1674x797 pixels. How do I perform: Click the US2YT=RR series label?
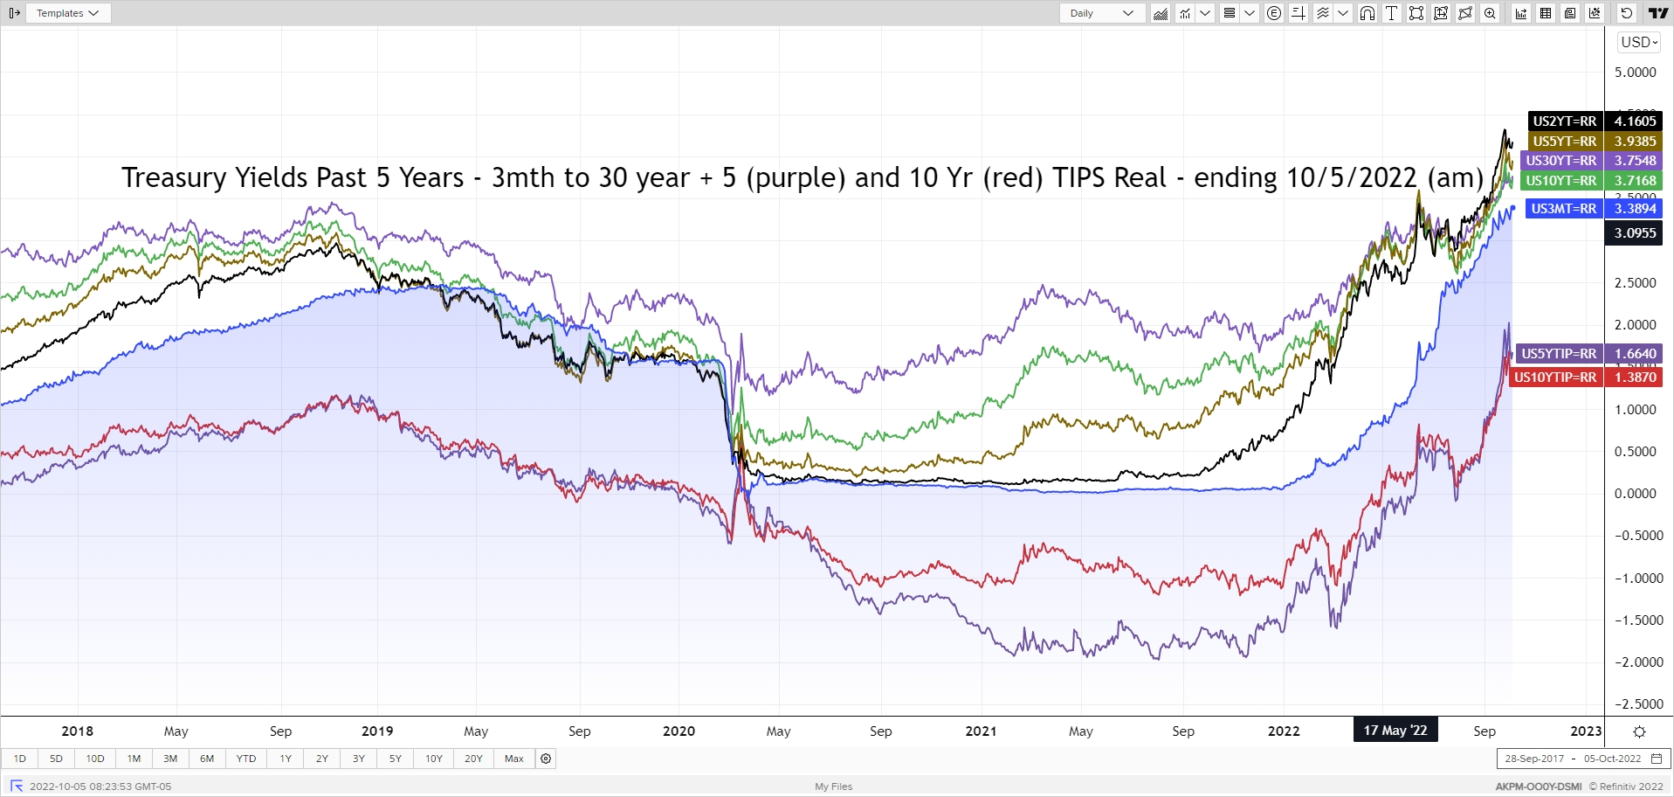(x=1564, y=121)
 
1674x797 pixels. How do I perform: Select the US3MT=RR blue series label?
(x=1563, y=209)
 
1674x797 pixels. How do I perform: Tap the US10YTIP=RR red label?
(x=1555, y=378)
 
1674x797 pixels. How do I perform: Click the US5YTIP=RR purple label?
(x=1559, y=354)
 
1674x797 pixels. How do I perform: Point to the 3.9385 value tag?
(x=1635, y=142)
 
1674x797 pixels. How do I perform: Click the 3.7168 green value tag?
(x=1635, y=181)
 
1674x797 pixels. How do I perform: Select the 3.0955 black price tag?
(x=1635, y=233)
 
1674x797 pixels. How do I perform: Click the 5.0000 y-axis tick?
(x=1635, y=73)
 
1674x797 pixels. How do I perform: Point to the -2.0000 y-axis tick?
(x=1638, y=662)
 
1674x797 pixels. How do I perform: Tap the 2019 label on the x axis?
(x=377, y=731)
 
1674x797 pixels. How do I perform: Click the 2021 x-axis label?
(x=981, y=731)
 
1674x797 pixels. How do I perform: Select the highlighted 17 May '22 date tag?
(x=1395, y=731)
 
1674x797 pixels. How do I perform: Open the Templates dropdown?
(x=67, y=13)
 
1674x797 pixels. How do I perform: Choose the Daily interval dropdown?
(x=1101, y=13)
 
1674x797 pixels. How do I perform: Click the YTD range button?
(x=246, y=759)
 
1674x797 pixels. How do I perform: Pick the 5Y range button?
(x=396, y=759)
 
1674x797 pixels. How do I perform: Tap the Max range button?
(x=514, y=759)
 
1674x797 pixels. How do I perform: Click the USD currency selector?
(x=1639, y=42)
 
